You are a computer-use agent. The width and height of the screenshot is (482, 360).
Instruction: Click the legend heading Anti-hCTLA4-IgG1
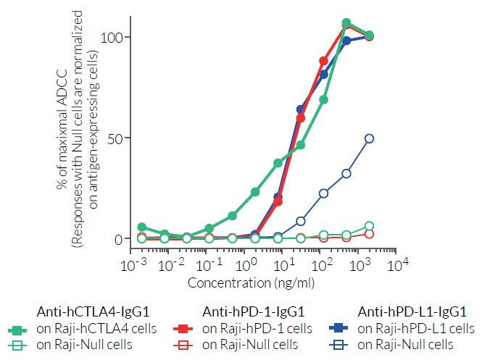(x=93, y=312)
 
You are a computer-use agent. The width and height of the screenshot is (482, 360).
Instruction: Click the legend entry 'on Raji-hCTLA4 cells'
(x=96, y=328)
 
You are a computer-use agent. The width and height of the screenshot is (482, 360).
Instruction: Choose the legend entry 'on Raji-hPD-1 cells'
(x=257, y=328)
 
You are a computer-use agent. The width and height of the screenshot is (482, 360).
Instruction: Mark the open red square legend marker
(x=183, y=345)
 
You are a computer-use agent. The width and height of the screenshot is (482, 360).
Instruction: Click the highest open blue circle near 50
(x=370, y=138)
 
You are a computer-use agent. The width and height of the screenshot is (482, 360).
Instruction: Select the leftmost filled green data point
(x=142, y=227)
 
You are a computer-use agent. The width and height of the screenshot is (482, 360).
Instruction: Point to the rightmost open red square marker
(x=370, y=233)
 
